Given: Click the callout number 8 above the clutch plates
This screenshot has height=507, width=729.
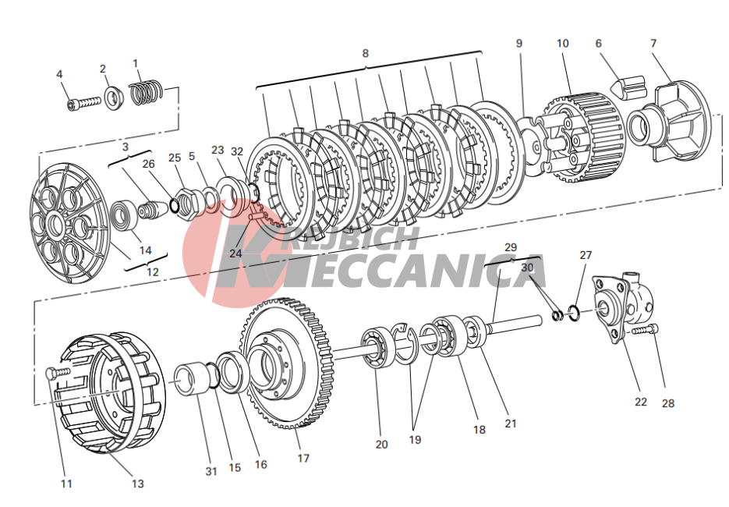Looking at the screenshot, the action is click(x=365, y=54).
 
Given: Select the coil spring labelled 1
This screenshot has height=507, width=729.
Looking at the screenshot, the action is click(x=146, y=92).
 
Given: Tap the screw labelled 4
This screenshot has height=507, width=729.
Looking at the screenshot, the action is click(x=84, y=103).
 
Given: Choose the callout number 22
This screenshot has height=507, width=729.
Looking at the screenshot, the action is click(x=640, y=402).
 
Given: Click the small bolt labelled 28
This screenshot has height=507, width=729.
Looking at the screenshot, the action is click(x=646, y=329).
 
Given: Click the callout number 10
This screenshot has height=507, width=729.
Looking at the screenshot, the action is click(x=562, y=43).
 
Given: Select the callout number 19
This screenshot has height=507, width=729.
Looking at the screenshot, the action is click(x=415, y=440).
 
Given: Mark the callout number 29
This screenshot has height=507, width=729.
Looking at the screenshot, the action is click(x=511, y=247).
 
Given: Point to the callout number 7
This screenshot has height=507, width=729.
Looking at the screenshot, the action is click(x=653, y=43).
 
